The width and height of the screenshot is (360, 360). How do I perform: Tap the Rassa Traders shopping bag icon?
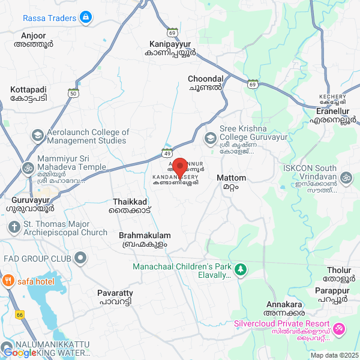tap(87, 17)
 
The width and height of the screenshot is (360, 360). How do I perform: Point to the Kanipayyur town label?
tap(172, 48)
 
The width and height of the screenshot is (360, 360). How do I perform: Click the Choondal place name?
tap(205, 83)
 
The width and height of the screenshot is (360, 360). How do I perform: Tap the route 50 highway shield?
tap(73, 93)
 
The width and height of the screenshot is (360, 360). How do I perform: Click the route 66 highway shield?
tap(20, 314)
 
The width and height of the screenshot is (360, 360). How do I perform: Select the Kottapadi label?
tap(28, 93)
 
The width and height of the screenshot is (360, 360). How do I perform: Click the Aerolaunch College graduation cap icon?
tap(37, 136)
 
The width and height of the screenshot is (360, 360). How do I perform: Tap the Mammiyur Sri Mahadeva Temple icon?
tap(28, 168)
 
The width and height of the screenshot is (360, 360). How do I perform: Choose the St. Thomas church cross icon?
tap(13, 227)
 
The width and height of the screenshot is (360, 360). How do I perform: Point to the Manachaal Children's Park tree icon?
tap(240, 270)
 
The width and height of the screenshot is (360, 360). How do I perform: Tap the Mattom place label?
tap(231, 182)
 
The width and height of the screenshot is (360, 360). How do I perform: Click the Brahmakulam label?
tap(145, 240)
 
